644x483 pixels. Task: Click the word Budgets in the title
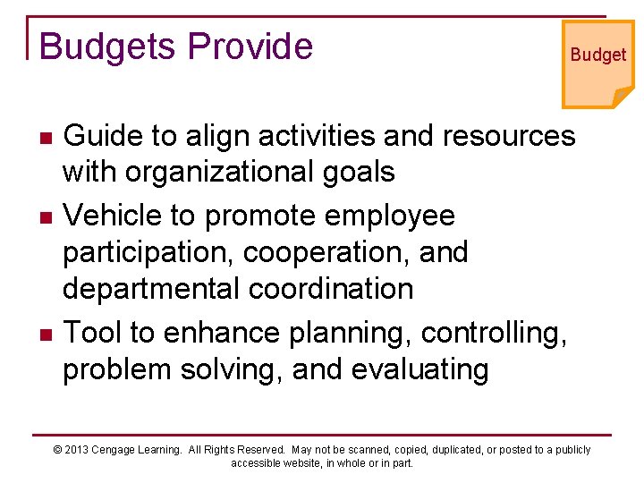click(x=99, y=47)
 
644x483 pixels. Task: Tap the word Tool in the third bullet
click(x=94, y=333)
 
